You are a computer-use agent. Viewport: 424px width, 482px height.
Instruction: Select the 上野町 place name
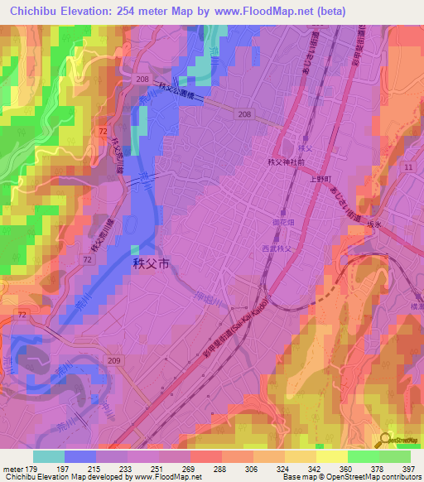click(x=320, y=178)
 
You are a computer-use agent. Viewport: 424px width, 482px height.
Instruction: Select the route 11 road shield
click(x=408, y=167)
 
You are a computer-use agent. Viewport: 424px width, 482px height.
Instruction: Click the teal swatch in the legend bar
click(x=49, y=456)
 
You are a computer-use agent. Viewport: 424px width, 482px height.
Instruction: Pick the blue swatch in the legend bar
click(x=80, y=456)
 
